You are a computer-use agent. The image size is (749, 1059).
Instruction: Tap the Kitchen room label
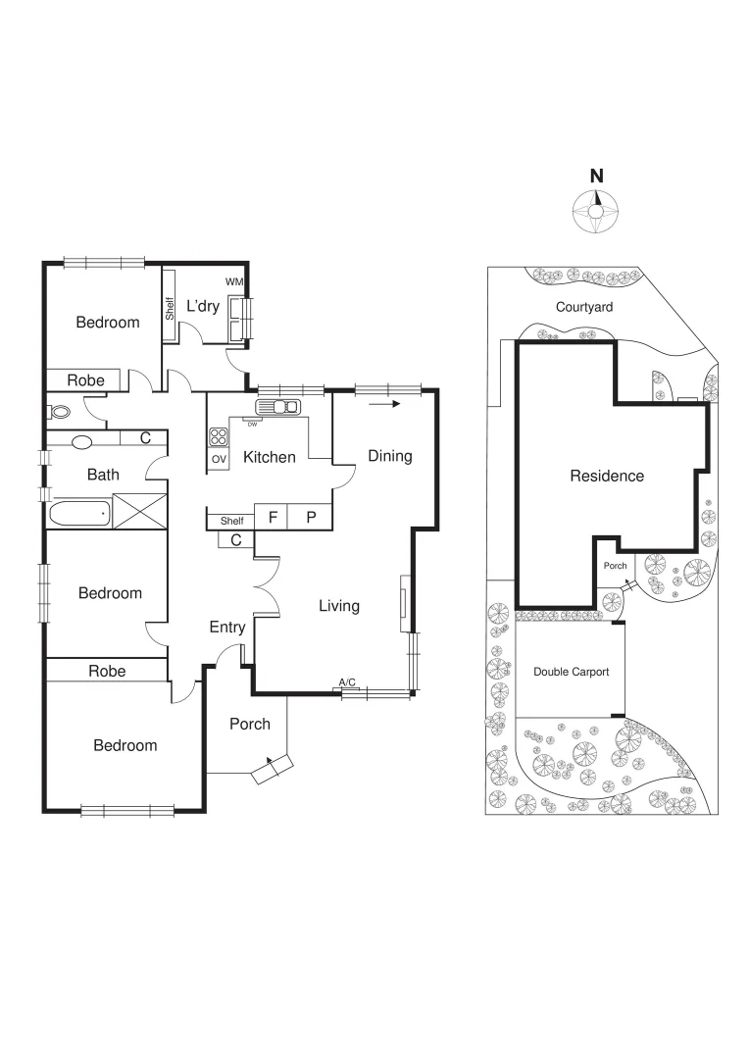pos(270,457)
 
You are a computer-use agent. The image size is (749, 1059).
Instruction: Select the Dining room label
pos(390,456)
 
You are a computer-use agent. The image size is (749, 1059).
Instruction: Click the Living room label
pos(339,606)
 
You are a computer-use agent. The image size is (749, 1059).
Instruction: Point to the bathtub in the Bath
pos(78,512)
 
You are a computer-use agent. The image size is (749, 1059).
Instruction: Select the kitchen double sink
pos(278,406)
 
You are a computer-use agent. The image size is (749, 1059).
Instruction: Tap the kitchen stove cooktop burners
pos(219,437)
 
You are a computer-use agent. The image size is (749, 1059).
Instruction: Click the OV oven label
pos(218,459)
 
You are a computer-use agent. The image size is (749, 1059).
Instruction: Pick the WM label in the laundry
pos(233,281)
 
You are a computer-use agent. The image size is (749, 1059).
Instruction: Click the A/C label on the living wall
pos(347,681)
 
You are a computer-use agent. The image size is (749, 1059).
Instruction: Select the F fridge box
pos(274,518)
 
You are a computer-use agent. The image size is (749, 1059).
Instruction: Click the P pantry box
pos(312,518)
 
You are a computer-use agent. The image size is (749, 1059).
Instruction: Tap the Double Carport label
pos(571,672)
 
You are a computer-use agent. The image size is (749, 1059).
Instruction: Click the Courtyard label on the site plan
pos(584,307)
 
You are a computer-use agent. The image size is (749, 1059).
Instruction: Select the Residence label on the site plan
pos(607,476)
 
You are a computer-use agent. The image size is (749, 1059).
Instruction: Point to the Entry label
pos(227,628)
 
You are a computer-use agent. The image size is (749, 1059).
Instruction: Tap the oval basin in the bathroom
pos(81,442)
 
